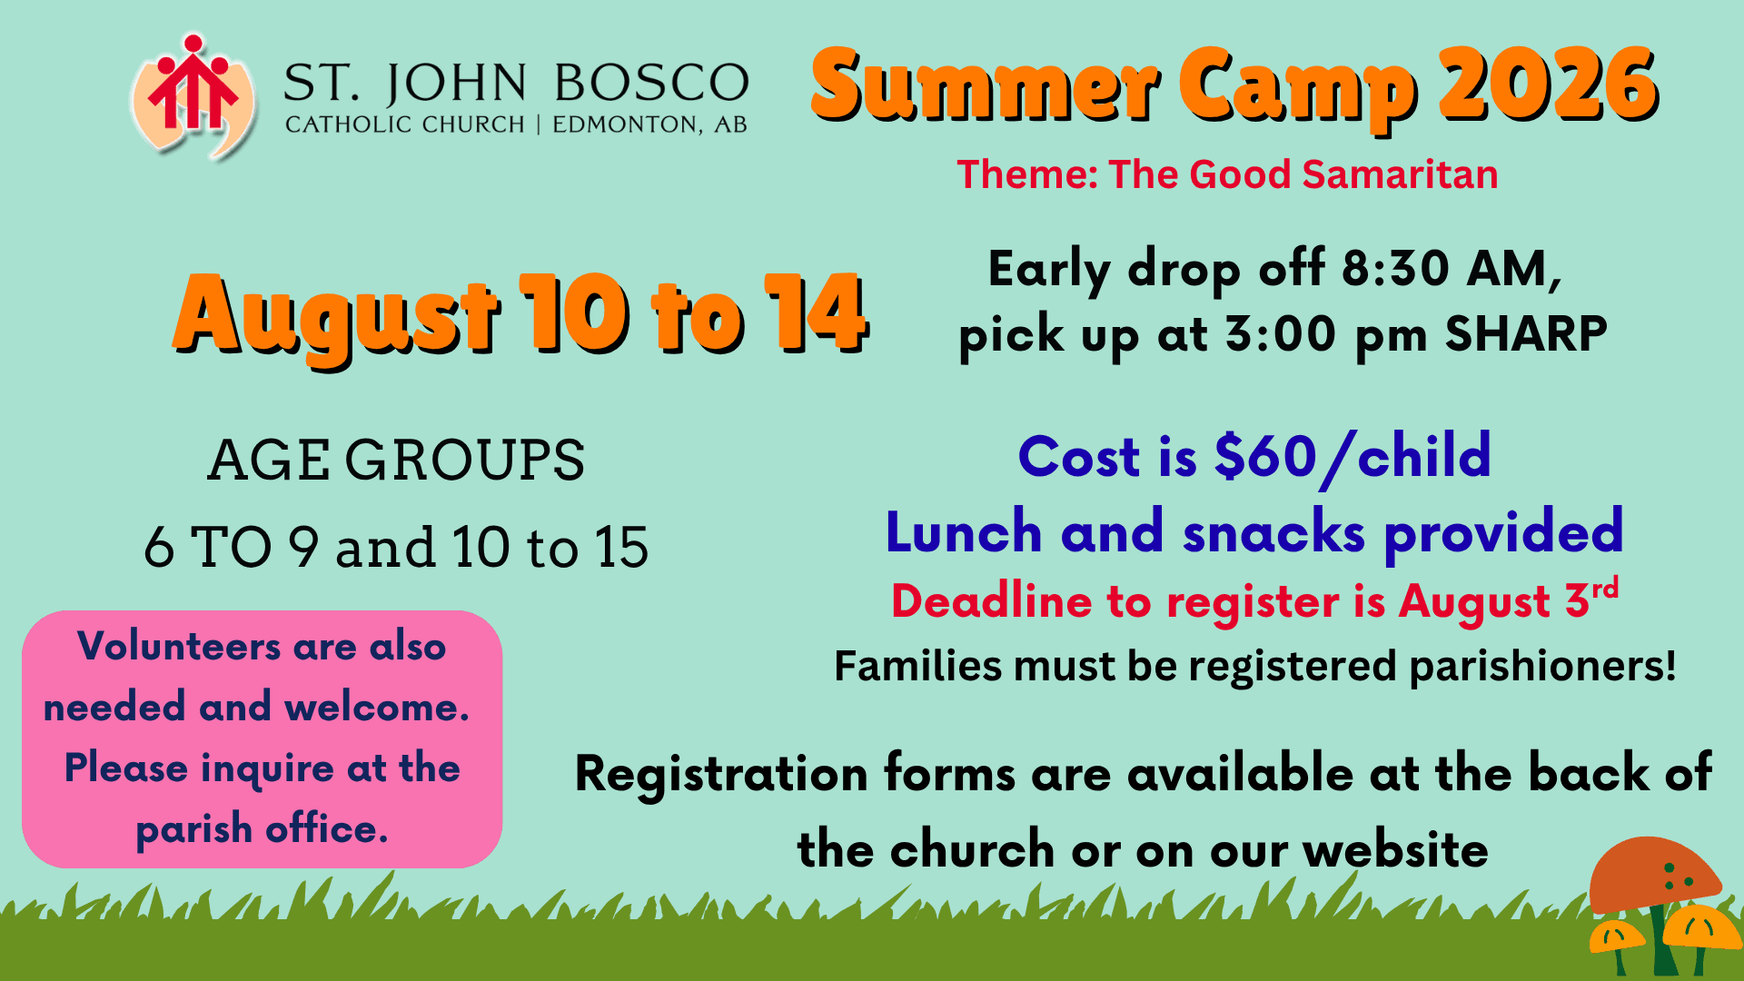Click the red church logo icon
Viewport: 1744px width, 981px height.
coord(193,96)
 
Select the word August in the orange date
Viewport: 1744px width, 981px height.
coord(337,316)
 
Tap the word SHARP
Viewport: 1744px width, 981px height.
coord(1526,333)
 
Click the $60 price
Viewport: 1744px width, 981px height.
coord(1265,456)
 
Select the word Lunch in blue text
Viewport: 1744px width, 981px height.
coord(964,531)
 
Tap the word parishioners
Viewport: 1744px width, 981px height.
coord(1541,667)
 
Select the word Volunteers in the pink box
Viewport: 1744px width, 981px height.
coord(180,647)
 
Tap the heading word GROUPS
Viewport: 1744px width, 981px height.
coord(464,460)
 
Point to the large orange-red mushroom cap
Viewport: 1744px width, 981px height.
coord(1655,874)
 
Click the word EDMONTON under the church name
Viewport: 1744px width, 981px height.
coord(628,124)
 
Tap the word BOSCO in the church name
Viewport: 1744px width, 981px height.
coord(651,83)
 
